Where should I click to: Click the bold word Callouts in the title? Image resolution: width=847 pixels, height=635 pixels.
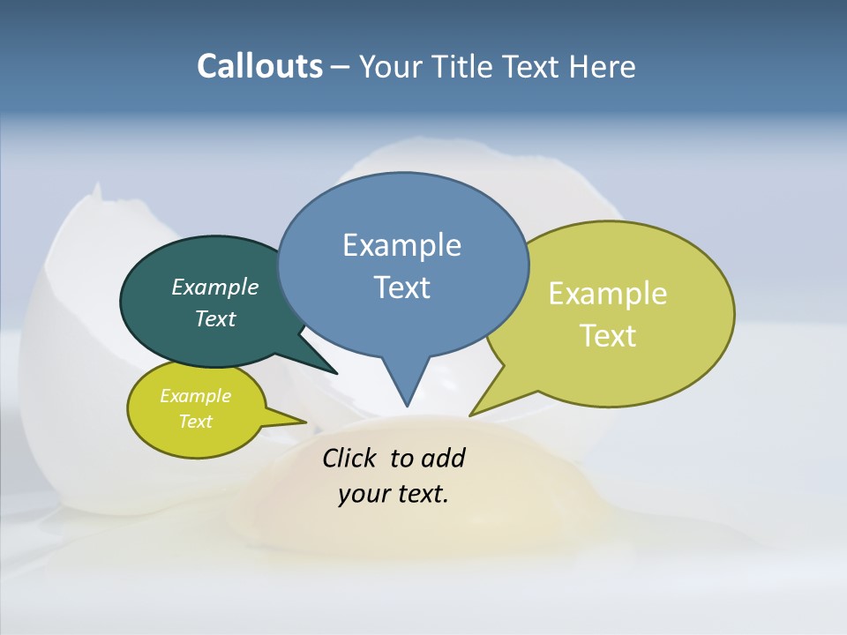(x=259, y=66)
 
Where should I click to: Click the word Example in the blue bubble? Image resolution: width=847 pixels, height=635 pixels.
(x=401, y=245)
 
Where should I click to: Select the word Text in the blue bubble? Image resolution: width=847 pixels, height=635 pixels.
(x=401, y=288)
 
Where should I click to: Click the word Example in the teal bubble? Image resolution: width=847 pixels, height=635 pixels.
(x=214, y=287)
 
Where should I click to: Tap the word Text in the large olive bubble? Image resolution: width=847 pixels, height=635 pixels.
(x=608, y=335)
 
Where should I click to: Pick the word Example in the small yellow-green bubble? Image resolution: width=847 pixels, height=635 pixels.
(x=195, y=396)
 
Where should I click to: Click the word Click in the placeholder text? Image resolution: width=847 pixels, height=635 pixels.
(x=351, y=458)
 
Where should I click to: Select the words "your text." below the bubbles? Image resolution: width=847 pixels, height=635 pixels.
(x=394, y=494)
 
